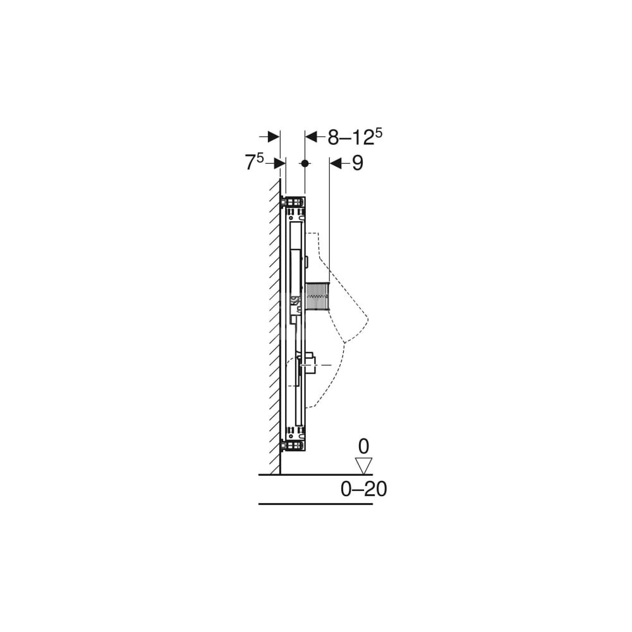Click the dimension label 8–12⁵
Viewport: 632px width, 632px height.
coord(355,137)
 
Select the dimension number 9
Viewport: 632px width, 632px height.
coord(358,163)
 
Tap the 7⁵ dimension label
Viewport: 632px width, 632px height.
coord(254,162)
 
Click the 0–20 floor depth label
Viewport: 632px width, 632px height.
coord(363,489)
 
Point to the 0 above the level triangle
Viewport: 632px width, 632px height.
coord(363,447)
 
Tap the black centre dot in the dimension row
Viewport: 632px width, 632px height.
coord(305,163)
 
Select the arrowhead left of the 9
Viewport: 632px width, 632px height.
coord(336,163)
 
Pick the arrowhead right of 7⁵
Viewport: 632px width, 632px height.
coord(279,163)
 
